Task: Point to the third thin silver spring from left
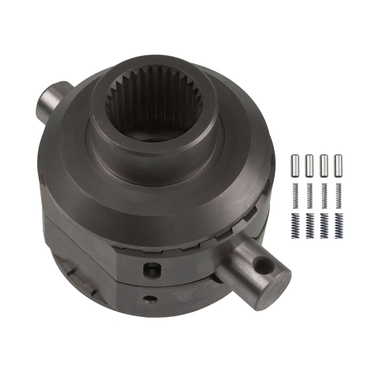tap(324, 195)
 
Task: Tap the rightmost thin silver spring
tap(338, 195)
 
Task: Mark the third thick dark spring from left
tap(324, 226)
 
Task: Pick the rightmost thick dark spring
tap(338, 226)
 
